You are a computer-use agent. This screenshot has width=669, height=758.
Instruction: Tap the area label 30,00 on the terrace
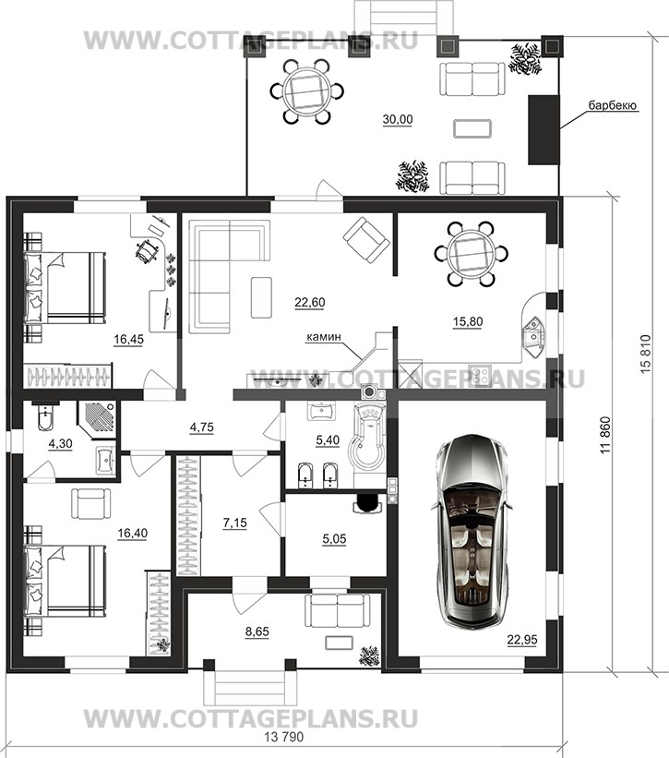[398, 119]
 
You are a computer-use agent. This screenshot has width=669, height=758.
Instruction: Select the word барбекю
[613, 105]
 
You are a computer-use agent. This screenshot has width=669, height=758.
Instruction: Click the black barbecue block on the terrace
[544, 129]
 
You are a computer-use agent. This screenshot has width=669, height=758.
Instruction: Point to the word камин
[324, 337]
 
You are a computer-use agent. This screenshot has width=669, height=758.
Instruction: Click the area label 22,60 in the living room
[310, 303]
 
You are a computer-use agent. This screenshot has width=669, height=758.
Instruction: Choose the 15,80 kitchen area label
[468, 321]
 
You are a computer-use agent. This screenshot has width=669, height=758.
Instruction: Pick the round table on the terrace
[307, 90]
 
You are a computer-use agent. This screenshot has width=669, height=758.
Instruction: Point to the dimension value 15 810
[647, 354]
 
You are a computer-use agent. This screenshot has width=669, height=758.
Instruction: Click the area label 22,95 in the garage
[521, 640]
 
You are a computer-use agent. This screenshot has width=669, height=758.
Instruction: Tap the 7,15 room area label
[235, 523]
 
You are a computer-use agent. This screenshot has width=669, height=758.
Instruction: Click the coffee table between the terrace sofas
[472, 128]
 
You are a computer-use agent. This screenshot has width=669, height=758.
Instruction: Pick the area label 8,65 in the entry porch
[257, 632]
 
